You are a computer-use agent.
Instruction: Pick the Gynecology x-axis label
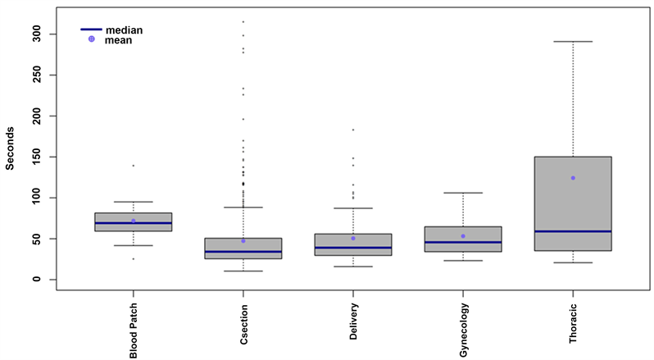click(x=463, y=327)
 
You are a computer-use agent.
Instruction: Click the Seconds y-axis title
click(x=11, y=148)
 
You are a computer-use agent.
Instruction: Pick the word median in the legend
click(x=124, y=30)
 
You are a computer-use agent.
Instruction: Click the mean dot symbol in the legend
click(x=92, y=39)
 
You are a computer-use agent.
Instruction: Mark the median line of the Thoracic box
click(x=573, y=231)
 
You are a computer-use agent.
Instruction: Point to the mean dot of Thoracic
click(x=573, y=178)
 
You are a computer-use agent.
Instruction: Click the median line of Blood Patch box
click(x=134, y=223)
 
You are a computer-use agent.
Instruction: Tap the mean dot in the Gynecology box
click(x=463, y=236)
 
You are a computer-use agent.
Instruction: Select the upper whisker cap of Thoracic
click(x=573, y=41)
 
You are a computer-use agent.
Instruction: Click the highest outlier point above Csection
click(x=243, y=21)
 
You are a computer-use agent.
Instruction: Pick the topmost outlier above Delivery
click(x=353, y=130)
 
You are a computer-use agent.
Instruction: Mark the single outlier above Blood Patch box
click(x=134, y=166)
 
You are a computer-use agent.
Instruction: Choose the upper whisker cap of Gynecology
click(x=463, y=193)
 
